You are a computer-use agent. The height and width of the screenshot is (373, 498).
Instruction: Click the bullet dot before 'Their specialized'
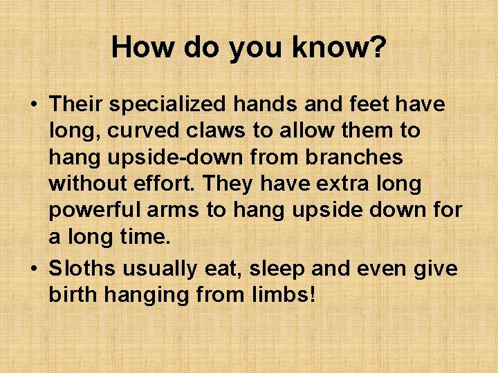33,106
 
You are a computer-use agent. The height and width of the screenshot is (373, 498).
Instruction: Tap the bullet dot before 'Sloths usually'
33,269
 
